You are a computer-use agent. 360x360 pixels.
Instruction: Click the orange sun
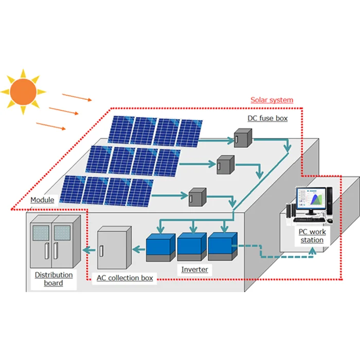click(22, 92)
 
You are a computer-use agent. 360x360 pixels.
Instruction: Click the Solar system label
click(272, 100)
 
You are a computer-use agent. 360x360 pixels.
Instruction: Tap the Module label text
click(42, 200)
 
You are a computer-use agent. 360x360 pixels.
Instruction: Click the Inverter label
click(194, 269)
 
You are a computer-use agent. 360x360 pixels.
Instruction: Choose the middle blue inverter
click(190, 245)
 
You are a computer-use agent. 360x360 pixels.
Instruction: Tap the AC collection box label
click(125, 278)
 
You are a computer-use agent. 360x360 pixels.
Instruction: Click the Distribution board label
click(53, 279)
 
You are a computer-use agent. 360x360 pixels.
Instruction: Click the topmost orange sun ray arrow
click(77, 97)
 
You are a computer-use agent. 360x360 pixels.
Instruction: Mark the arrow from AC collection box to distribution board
click(88, 250)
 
